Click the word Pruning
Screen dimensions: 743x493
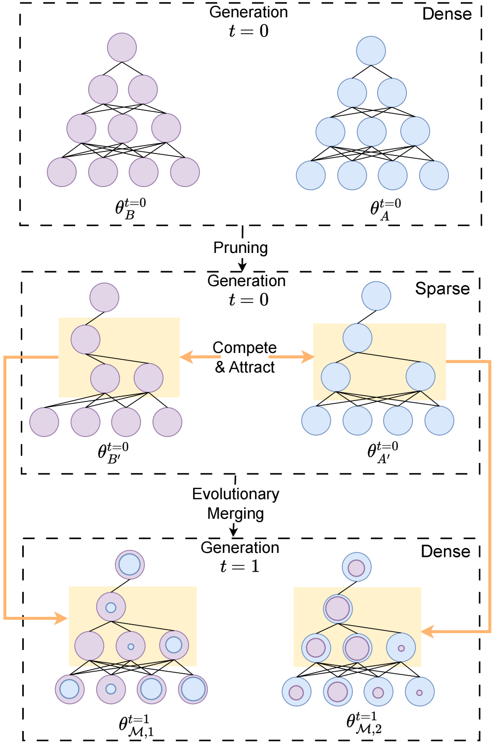(x=241, y=248)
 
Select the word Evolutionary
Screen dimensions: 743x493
(x=236, y=494)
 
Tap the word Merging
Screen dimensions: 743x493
(x=236, y=513)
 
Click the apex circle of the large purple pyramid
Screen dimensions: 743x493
(x=122, y=48)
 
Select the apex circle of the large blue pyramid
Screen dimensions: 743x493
(x=371, y=50)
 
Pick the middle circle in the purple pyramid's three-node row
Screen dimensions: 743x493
(x=123, y=128)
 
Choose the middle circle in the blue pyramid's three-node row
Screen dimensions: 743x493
(x=371, y=132)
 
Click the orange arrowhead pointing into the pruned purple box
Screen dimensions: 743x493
(x=186, y=356)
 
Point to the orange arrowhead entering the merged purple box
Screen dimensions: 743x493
(x=61, y=618)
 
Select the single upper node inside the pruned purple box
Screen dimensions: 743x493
(x=86, y=340)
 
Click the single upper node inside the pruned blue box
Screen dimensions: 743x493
(x=357, y=338)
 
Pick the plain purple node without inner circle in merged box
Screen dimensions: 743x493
(x=90, y=646)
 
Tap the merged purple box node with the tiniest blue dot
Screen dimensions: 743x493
(x=131, y=646)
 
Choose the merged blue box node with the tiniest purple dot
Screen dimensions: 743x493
(x=401, y=647)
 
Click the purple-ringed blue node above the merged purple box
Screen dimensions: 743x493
(x=130, y=565)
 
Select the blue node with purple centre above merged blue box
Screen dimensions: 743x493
(x=356, y=567)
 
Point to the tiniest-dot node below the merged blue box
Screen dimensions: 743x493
(x=419, y=692)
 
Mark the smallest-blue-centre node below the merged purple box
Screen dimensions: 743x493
(x=111, y=689)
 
